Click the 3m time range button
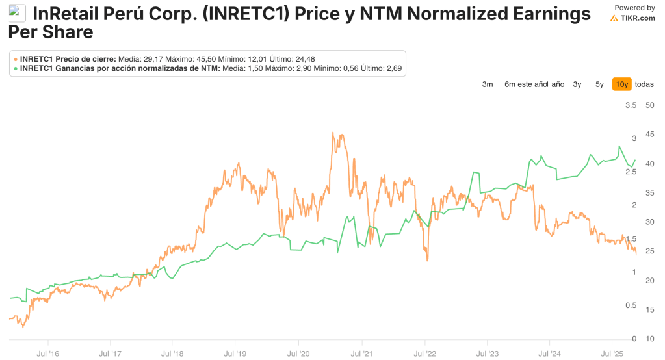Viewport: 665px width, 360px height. click(x=488, y=84)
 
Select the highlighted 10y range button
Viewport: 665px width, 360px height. click(x=621, y=84)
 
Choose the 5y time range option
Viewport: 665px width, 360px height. click(x=599, y=84)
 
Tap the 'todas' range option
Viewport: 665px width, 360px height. click(x=644, y=84)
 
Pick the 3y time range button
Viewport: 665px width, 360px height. click(x=577, y=84)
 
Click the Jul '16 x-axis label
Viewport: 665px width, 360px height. click(x=49, y=354)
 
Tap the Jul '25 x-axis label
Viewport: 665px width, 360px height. click(x=612, y=354)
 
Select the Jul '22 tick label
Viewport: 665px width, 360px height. click(x=424, y=354)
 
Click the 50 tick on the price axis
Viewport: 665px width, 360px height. click(x=649, y=105)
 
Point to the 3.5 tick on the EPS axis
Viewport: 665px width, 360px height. click(x=630, y=105)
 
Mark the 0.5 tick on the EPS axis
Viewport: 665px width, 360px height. click(x=630, y=305)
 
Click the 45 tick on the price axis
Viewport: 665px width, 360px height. click(x=649, y=135)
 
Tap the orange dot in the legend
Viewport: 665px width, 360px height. click(x=16, y=59)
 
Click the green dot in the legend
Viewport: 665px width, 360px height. click(x=16, y=68)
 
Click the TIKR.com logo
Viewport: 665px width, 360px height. click(x=633, y=18)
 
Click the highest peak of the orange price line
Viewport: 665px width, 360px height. click(x=333, y=133)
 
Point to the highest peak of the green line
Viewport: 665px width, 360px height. click(x=618, y=146)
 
